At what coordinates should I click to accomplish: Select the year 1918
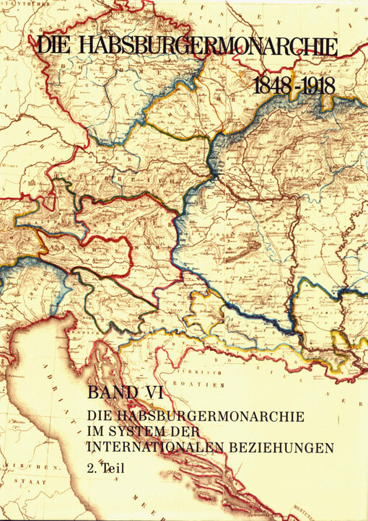pos(315,86)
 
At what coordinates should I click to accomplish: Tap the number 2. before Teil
pos(93,467)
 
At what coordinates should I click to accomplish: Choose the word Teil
pos(115,467)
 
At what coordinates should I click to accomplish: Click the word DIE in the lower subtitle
pos(99,416)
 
